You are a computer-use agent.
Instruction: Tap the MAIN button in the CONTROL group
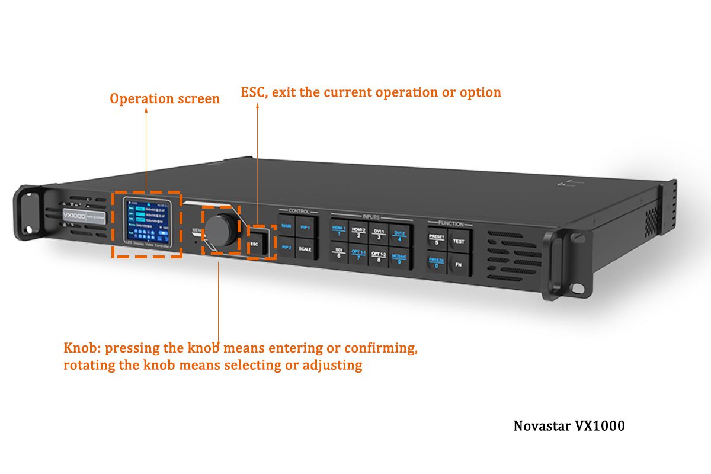(x=287, y=226)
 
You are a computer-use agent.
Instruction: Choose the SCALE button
(x=304, y=249)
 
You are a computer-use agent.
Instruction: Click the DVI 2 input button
(x=399, y=236)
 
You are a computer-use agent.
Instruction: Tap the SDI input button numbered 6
(x=339, y=253)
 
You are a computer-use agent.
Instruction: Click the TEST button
(x=458, y=242)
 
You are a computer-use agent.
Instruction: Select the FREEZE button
(x=436, y=262)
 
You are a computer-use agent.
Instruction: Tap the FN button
(x=458, y=265)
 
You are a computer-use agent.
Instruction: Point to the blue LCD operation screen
(x=147, y=222)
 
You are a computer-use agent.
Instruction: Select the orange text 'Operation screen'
(x=165, y=98)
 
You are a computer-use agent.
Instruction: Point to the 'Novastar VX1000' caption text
(x=568, y=425)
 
